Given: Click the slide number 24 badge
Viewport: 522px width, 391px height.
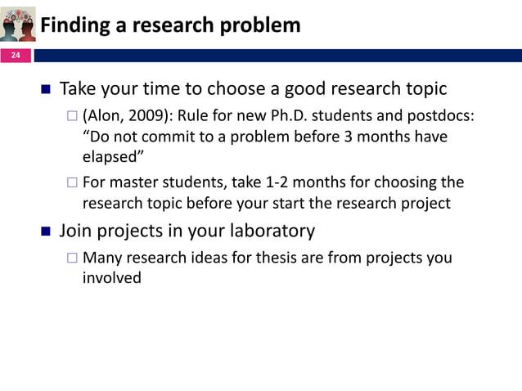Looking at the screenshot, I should point(16,56).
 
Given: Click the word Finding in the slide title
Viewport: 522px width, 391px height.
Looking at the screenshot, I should point(74,26).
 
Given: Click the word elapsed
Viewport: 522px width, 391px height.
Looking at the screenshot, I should point(112,157).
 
